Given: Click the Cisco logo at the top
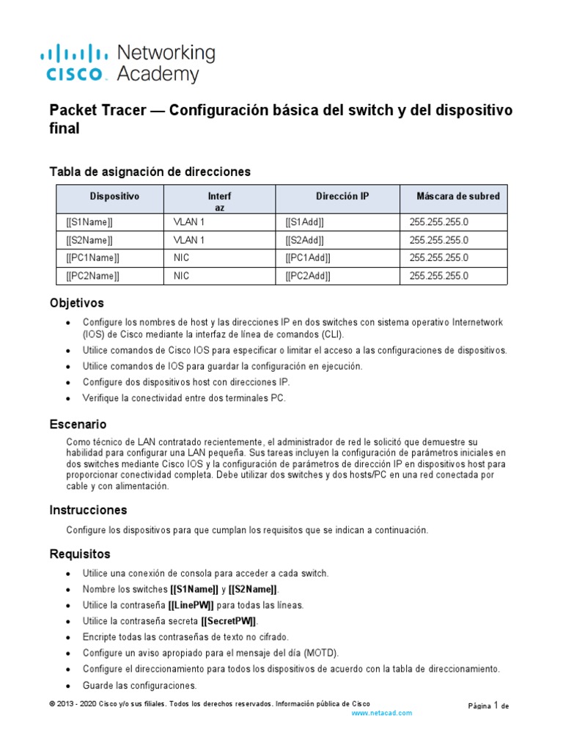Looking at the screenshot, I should pos(77,62).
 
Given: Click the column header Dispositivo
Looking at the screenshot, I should pos(114,197).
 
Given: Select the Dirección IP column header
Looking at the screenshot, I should pos(342,197).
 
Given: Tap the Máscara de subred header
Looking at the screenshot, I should pos(458,197).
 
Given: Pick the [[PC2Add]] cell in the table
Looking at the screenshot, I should pos(308,276).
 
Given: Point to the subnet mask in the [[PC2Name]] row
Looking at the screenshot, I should pos(438,276).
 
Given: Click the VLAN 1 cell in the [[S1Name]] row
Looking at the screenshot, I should pos(189,221).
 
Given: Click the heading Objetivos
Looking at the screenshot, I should pos(76,303).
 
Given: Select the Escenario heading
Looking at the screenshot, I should pos(78,425).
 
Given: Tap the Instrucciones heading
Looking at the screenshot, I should pos(88,510).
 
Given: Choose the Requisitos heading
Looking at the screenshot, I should pos(79,554).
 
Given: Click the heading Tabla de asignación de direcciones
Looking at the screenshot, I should pos(150,172).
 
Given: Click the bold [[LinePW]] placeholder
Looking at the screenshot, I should pos(191,605).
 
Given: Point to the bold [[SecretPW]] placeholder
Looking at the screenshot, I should pos(229,621).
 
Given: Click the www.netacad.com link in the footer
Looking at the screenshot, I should pos(382,713).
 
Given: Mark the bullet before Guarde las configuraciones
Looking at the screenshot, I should pos(68,686).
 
